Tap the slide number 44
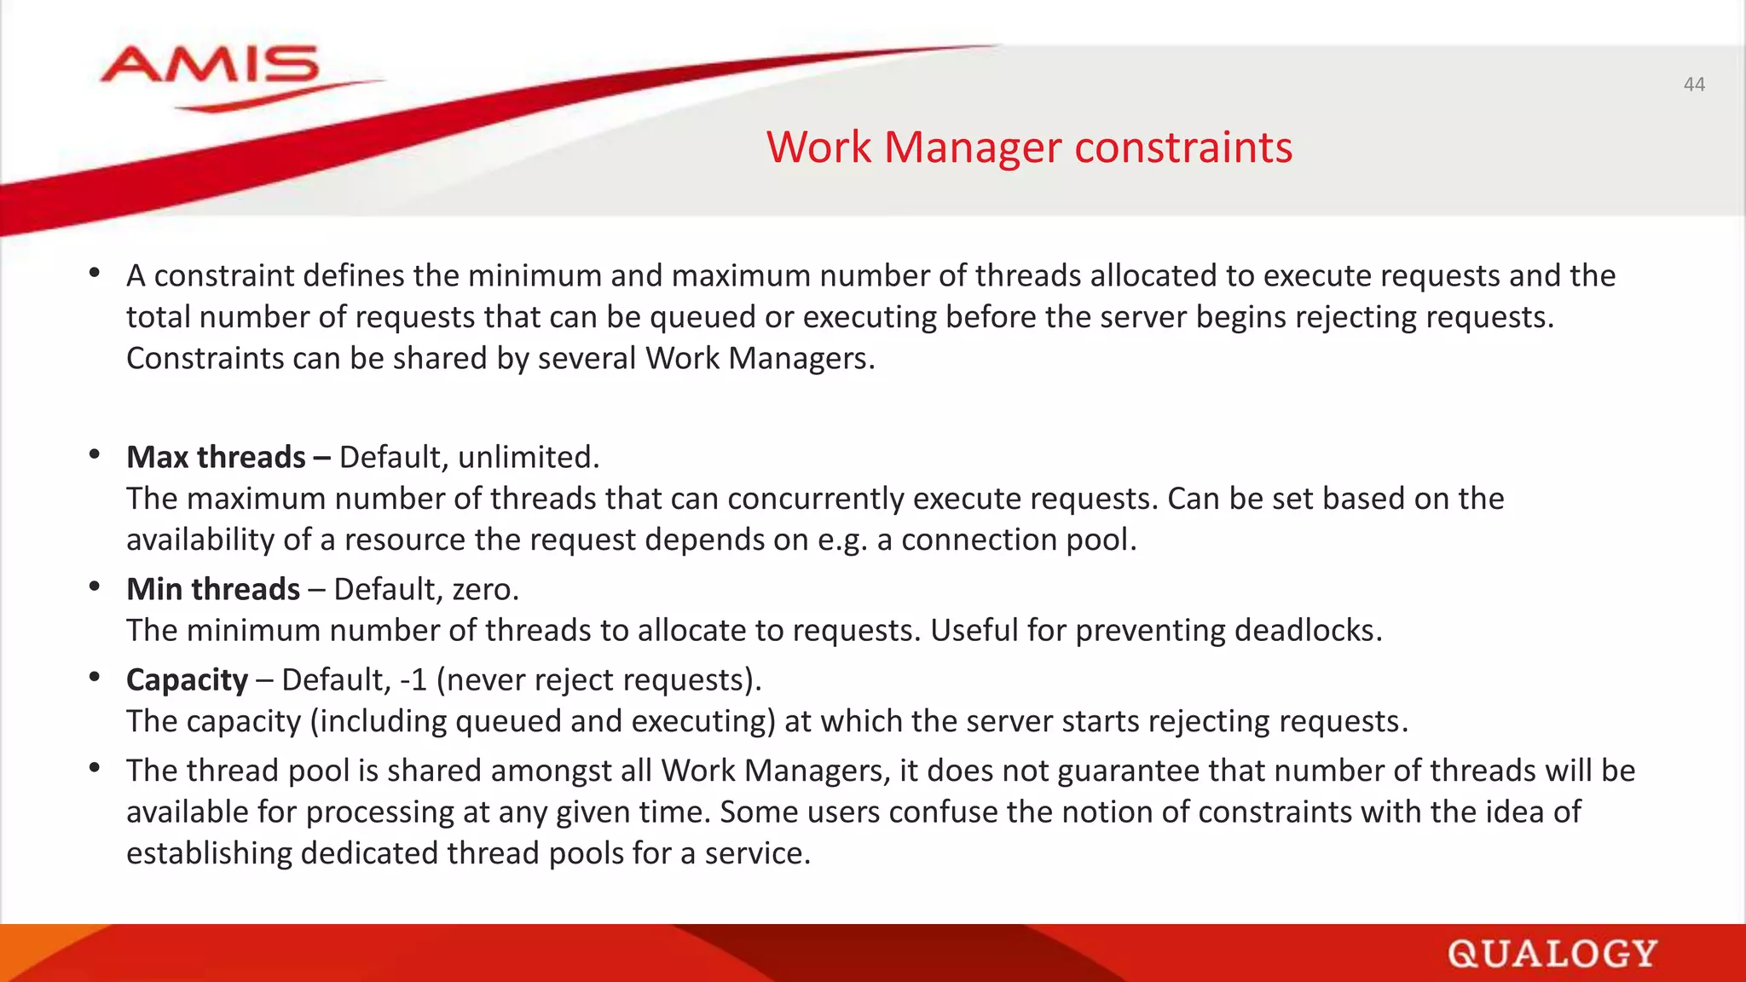tap(1693, 84)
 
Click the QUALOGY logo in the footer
tap(1552, 954)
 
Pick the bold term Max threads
tap(216, 458)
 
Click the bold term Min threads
tap(213, 590)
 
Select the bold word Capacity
tap(187, 680)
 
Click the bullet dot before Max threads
tap(95, 454)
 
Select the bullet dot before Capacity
tap(95, 677)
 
